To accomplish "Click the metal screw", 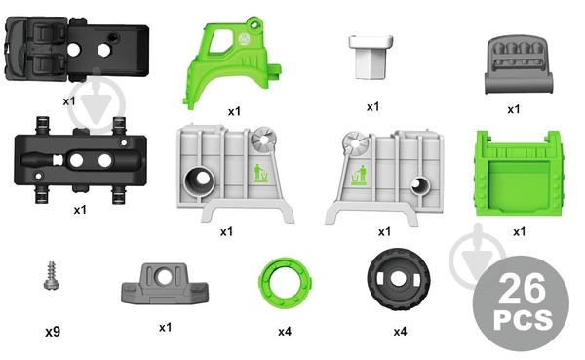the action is tap(52, 275).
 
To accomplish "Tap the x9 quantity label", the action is tap(53, 332).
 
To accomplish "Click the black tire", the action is tap(399, 280).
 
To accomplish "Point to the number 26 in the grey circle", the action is tap(521, 289).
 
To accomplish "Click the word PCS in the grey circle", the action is tap(523, 320).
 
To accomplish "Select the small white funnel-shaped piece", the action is tap(370, 57).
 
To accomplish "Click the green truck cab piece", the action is tap(232, 62).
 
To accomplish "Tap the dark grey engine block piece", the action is tap(519, 64).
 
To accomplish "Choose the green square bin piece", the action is tap(519, 174).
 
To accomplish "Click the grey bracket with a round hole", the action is tap(165, 284).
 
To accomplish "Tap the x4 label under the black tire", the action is tap(400, 332).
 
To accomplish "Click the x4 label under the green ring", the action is tap(285, 332).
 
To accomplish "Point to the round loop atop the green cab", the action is tap(254, 23).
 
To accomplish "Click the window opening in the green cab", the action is tap(220, 41).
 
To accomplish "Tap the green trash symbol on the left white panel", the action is tap(261, 174).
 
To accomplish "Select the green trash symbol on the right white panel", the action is tap(359, 176).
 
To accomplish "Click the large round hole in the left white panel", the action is tap(200, 180).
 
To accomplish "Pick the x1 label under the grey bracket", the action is tap(165, 328).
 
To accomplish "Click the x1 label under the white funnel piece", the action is tap(372, 107).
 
